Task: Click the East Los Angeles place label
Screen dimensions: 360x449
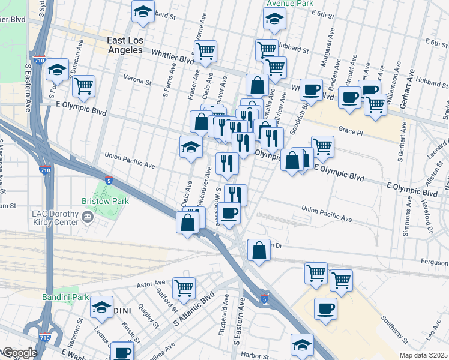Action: tap(125, 46)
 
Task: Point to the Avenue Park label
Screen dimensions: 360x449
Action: tap(290, 3)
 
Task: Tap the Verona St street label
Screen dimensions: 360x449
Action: tap(136, 78)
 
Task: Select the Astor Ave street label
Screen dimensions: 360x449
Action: tap(151, 283)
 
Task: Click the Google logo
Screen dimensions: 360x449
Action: tap(19, 353)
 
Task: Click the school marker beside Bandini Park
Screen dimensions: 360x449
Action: tap(102, 307)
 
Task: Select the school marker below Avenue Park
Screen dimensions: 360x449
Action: tap(274, 20)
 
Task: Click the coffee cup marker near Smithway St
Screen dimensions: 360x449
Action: tap(325, 308)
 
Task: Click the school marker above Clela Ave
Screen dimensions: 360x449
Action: tap(191, 146)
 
